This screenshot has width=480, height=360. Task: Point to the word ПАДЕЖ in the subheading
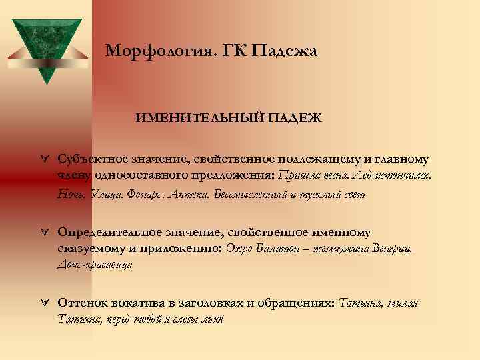click(x=296, y=118)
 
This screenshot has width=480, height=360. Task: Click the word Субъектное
click(x=94, y=159)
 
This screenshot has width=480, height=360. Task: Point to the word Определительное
click(x=107, y=231)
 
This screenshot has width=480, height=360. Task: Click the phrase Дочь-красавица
click(x=95, y=265)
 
